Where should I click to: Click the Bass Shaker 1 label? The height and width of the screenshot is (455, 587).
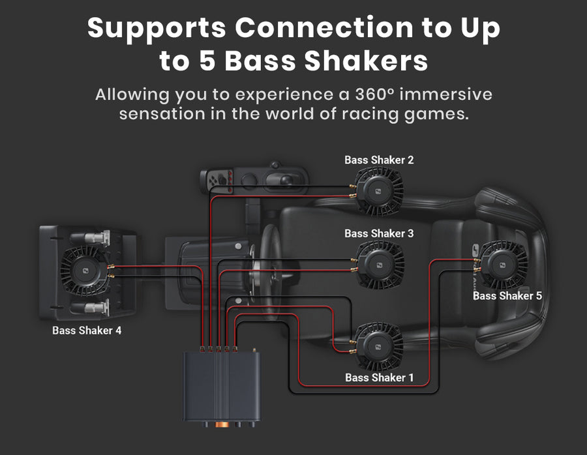coord(379,377)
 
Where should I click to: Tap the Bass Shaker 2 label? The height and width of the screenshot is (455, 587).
coord(379,160)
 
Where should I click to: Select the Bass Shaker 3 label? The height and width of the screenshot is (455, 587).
coord(379,233)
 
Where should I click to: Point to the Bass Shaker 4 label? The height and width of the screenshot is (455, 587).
coord(87,330)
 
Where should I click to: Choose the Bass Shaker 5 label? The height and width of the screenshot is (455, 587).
coord(507,295)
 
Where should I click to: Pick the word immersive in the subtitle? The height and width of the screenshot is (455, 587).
coord(447,95)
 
